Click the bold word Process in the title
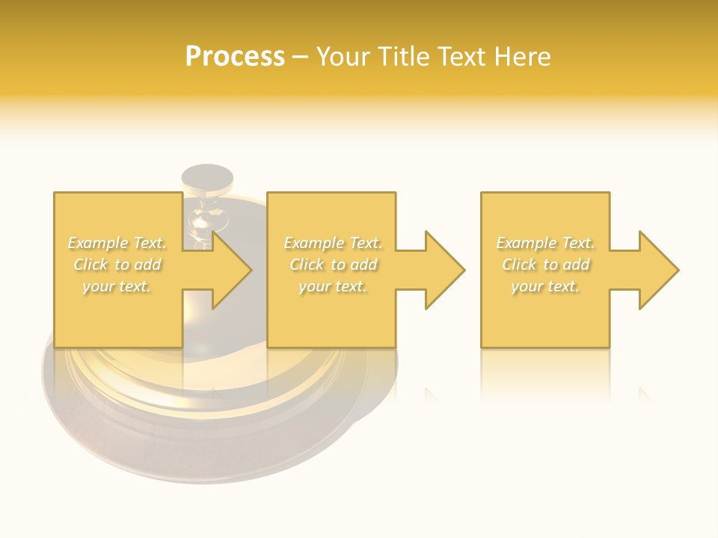click(235, 57)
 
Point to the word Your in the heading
click(344, 57)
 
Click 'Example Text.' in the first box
click(117, 243)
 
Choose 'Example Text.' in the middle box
click(333, 243)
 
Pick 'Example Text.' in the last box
click(545, 243)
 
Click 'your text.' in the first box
click(117, 286)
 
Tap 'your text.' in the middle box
click(333, 286)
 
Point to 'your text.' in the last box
click(545, 286)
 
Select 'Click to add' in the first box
click(117, 265)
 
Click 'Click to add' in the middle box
click(333, 265)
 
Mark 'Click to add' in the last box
click(545, 265)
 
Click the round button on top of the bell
click(207, 178)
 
